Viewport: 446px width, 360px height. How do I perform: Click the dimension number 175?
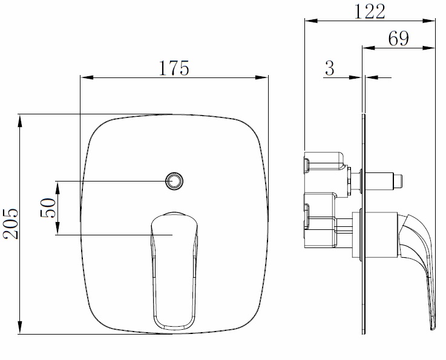click(174, 68)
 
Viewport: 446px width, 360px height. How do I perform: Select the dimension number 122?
click(369, 10)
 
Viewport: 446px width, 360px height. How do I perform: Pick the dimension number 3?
click(329, 68)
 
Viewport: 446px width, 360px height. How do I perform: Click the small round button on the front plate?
click(174, 180)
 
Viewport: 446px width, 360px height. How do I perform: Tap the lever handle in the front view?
click(174, 266)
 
